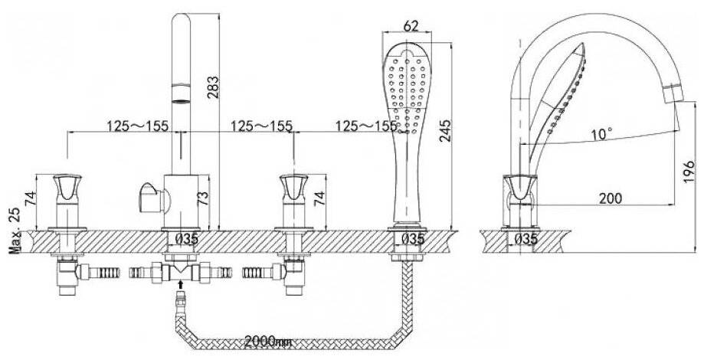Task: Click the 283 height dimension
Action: [x=216, y=89]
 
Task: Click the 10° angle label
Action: [x=602, y=135]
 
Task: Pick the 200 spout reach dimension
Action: [x=611, y=198]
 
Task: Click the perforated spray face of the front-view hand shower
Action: [x=407, y=84]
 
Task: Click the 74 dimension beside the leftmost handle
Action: [x=30, y=199]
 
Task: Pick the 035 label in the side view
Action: [x=526, y=239]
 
